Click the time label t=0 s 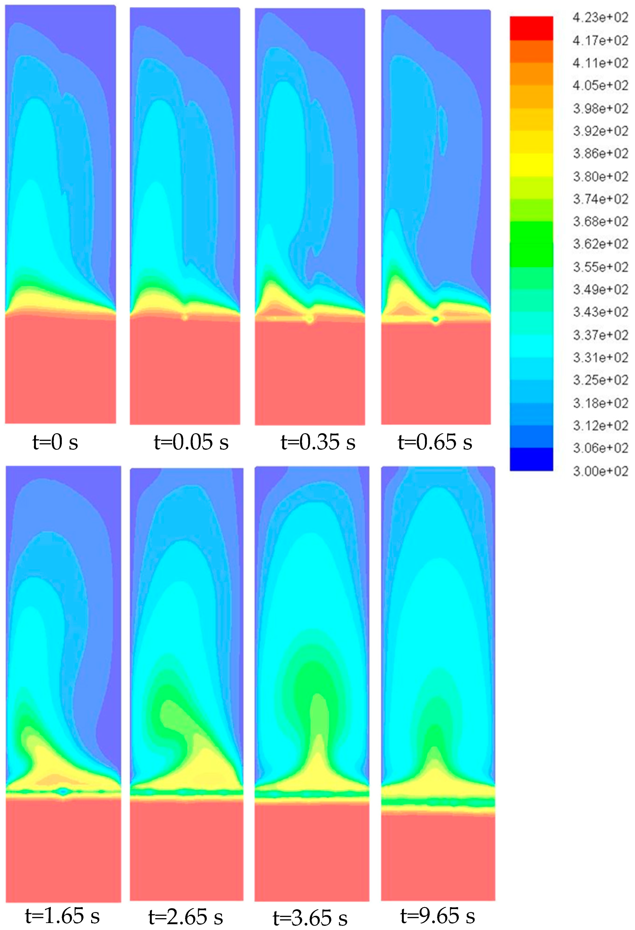tap(55, 442)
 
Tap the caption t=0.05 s tap(191, 442)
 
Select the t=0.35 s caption tap(318, 442)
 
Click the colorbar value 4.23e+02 tap(600, 18)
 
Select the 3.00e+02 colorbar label tap(600, 471)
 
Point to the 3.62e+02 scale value tap(600, 244)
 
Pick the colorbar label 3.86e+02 tap(600, 153)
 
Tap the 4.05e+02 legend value tap(600, 85)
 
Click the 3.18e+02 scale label tap(600, 403)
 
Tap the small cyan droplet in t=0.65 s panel tap(436, 319)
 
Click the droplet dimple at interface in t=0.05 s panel tap(185, 317)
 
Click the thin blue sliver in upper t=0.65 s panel tap(442, 130)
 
